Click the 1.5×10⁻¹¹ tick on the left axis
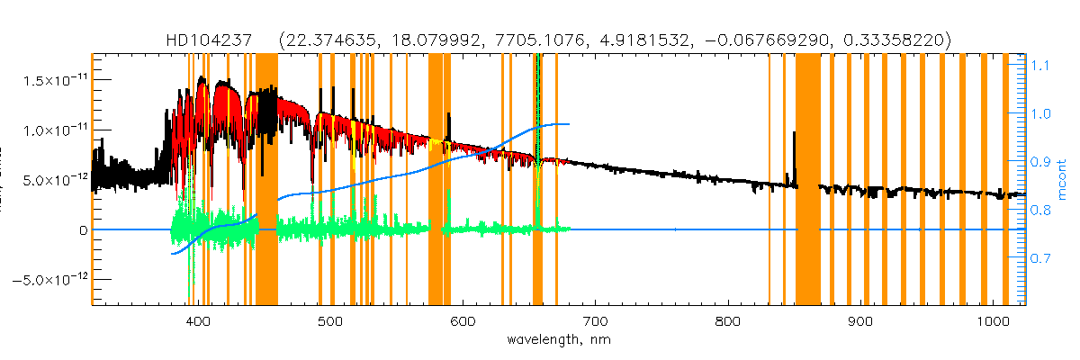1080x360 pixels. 50,80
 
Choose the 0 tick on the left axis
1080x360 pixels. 82,230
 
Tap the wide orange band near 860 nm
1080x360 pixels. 807,180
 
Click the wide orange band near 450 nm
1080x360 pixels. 266,180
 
